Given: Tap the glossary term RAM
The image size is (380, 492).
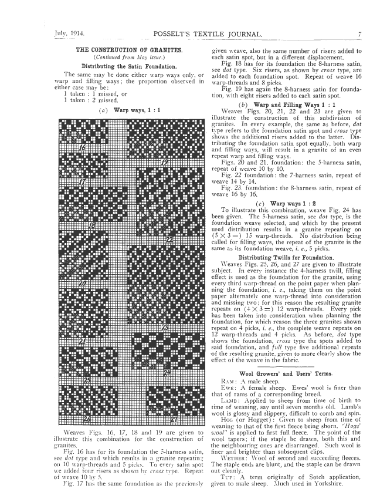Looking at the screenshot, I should coord(220,381).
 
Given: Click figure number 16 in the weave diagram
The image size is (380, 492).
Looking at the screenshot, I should coord(83,149).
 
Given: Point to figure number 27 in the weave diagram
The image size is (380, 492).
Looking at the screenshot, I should coord(174,419).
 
